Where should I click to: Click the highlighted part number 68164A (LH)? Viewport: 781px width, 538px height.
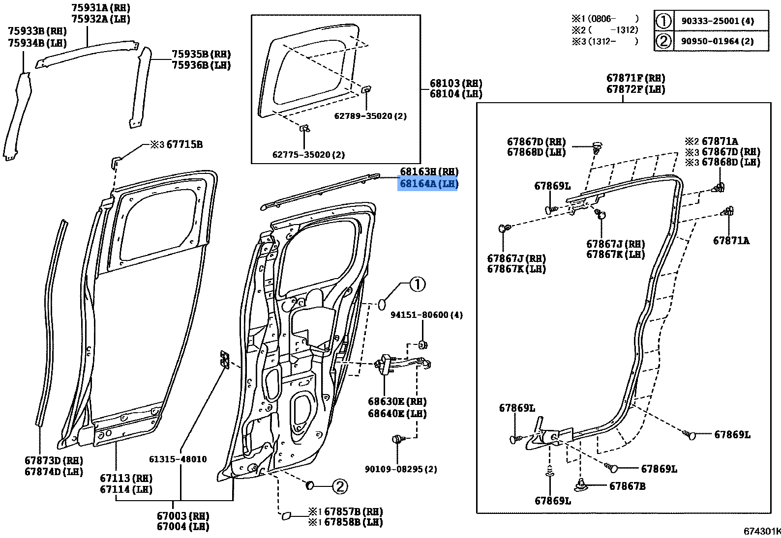pos(428,184)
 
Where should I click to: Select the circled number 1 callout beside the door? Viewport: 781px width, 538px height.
pos(417,284)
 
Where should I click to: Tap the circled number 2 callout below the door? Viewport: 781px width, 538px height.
pos(339,486)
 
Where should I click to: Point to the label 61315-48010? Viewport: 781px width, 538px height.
pos(178,459)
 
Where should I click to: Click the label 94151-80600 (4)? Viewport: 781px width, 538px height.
pos(426,315)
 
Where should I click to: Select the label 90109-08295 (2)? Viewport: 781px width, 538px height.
pos(400,469)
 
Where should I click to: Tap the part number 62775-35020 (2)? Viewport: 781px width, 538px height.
pos(308,154)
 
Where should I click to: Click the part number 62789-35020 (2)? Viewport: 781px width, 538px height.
pos(370,116)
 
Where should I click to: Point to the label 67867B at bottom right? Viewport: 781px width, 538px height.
pos(627,486)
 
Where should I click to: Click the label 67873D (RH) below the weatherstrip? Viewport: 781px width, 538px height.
pos(53,461)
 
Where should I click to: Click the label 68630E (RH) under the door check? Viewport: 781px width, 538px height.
pos(397,402)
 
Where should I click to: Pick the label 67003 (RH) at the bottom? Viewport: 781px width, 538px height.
pos(182,516)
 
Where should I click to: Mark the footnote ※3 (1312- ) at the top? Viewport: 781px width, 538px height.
pos(604,41)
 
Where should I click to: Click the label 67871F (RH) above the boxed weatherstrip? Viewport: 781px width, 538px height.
pos(635,78)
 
